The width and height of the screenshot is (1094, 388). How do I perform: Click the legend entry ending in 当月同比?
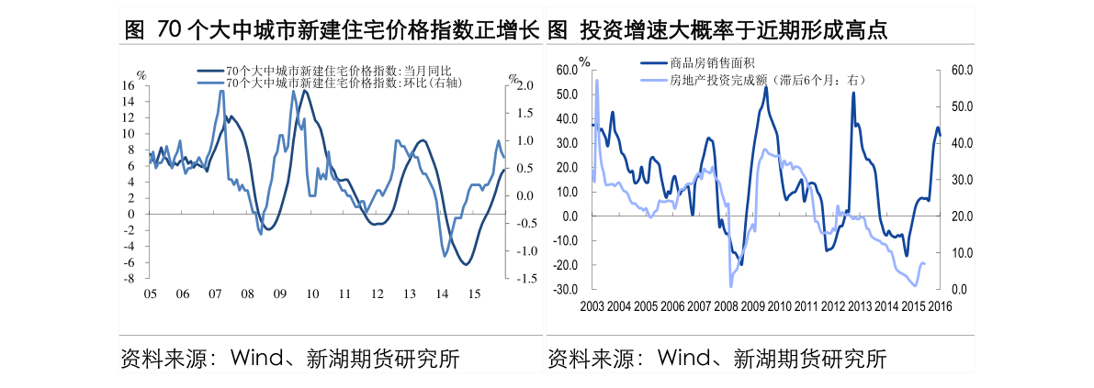click(x=339, y=71)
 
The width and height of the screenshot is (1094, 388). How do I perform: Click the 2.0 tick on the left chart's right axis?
click(x=524, y=86)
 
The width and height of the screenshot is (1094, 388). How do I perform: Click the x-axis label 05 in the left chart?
click(x=149, y=294)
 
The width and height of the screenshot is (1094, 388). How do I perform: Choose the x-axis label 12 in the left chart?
click(x=377, y=294)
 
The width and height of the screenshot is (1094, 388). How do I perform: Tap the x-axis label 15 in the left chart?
click(x=474, y=294)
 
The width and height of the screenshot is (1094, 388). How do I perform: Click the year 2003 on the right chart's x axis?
click(x=593, y=306)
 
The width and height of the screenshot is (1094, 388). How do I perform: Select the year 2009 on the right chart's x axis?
click(x=753, y=306)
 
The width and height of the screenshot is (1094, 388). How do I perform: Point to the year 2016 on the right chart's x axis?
click(x=940, y=306)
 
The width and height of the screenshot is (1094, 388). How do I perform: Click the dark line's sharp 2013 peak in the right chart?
click(x=853, y=93)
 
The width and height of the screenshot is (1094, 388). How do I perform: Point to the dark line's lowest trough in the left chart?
click(x=466, y=264)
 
